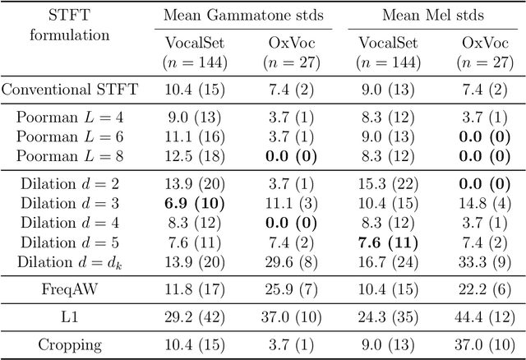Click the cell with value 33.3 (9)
[473, 261]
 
